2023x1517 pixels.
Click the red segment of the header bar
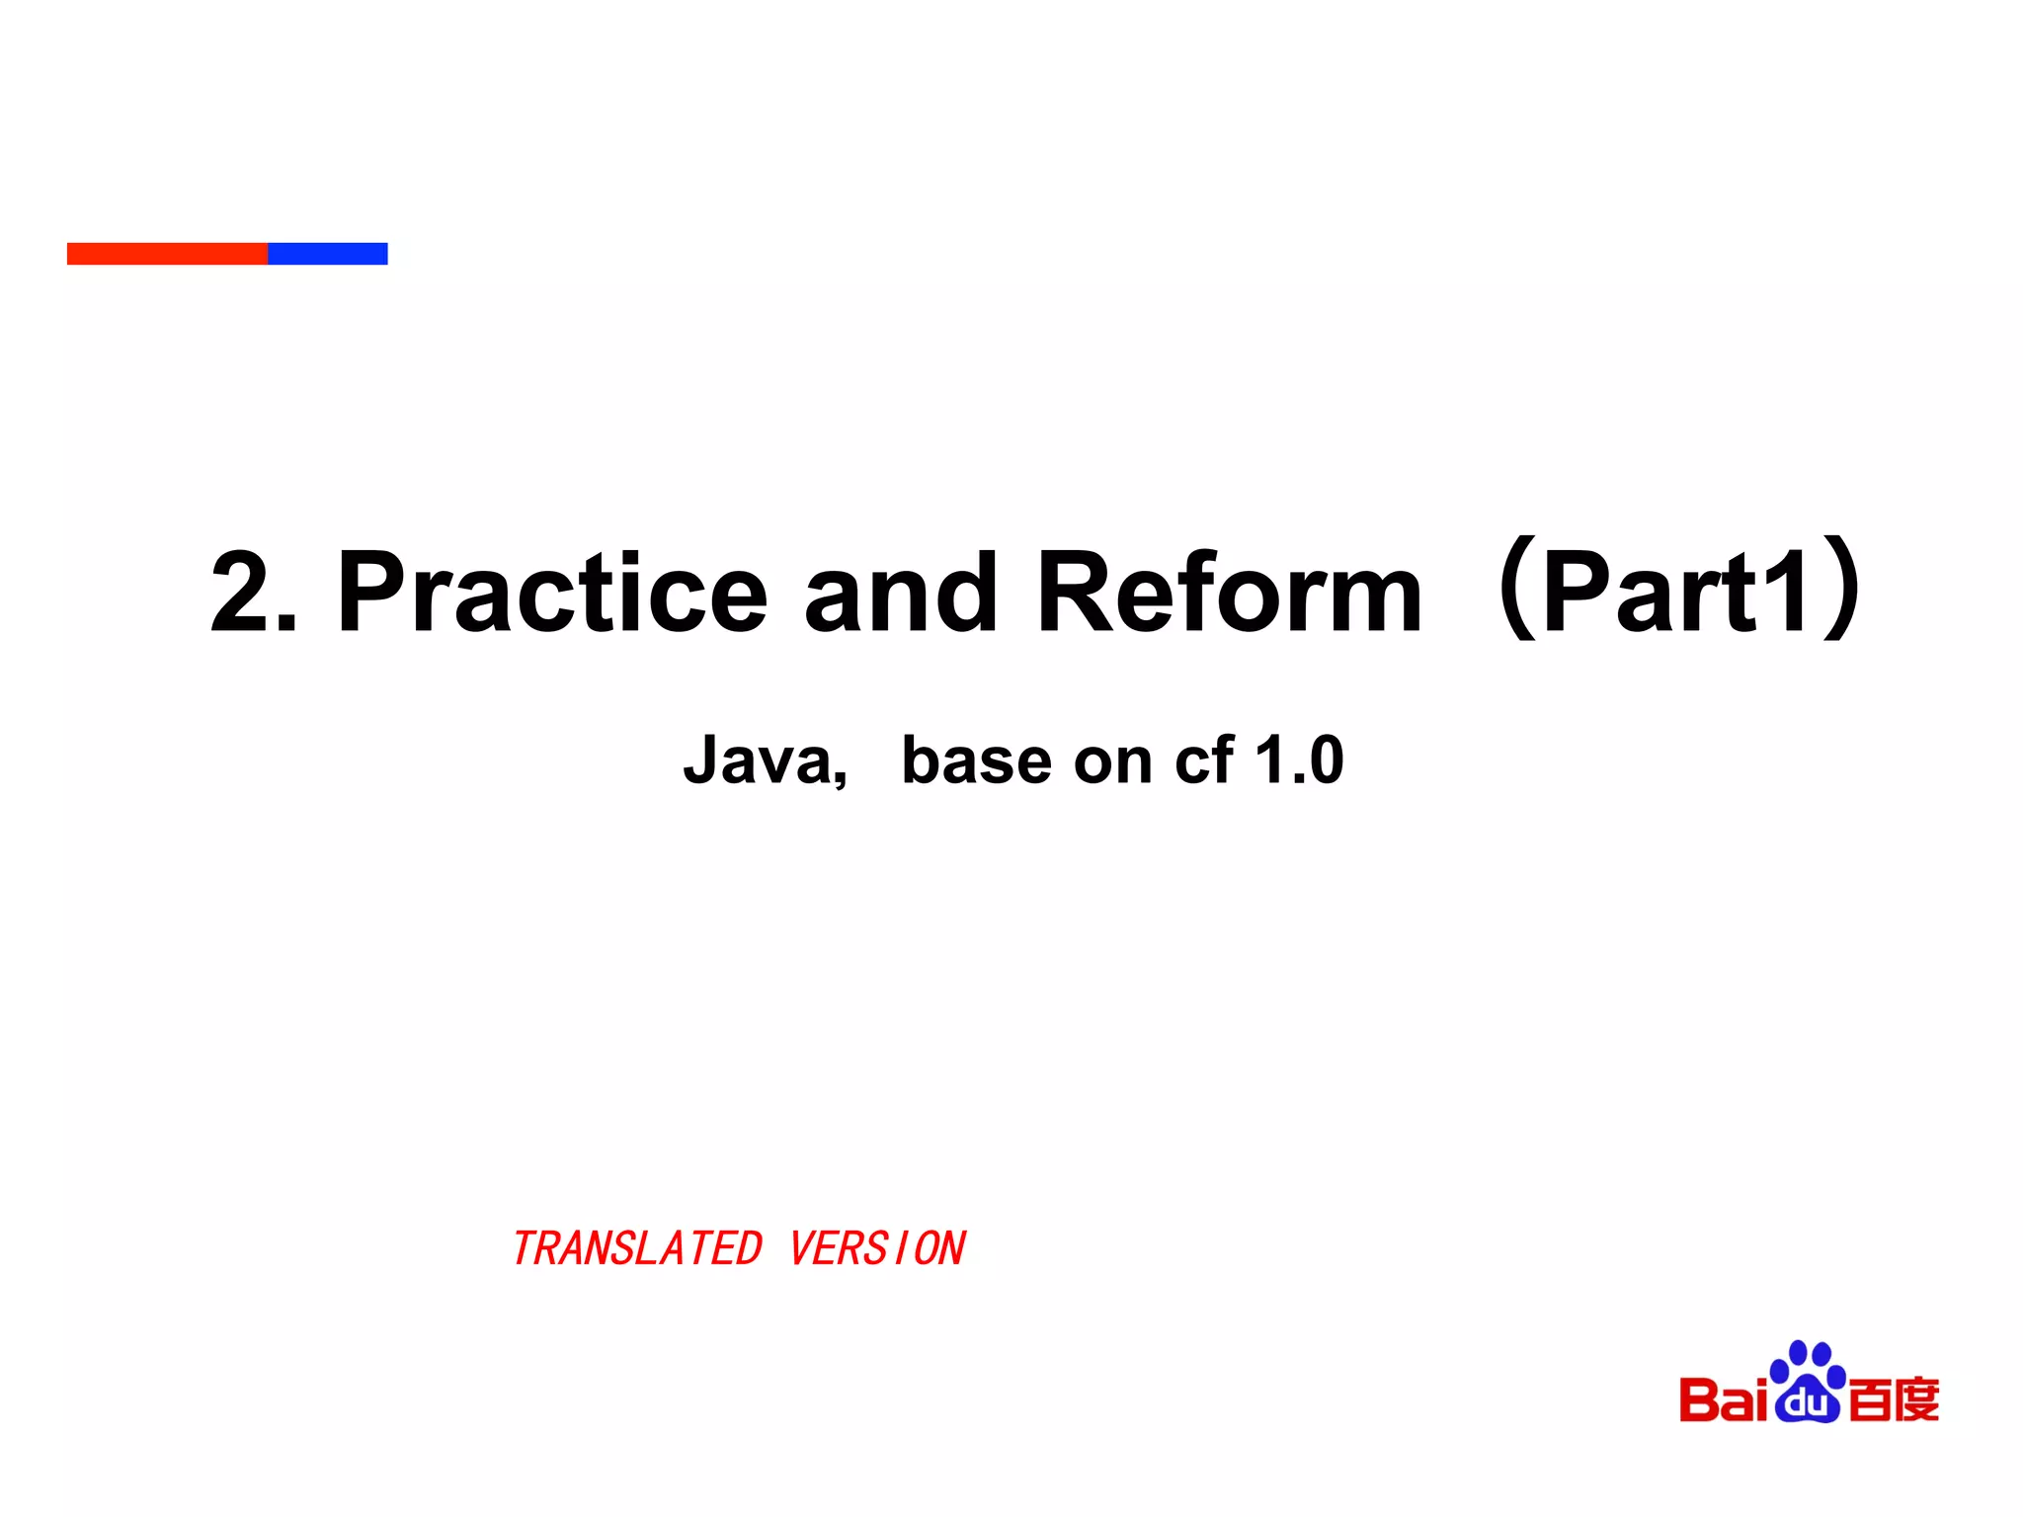click(x=167, y=254)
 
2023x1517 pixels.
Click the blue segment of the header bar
click(x=327, y=254)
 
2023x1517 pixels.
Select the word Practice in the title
click(x=552, y=593)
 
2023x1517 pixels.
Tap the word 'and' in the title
click(x=900, y=593)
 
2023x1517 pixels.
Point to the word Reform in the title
click(x=1229, y=593)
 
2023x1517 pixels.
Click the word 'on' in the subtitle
click(x=1112, y=761)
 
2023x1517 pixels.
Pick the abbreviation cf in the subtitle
click(x=1203, y=761)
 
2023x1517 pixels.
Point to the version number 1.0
click(x=1298, y=761)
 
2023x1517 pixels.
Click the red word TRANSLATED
click(x=637, y=1248)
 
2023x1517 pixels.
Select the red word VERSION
click(x=877, y=1248)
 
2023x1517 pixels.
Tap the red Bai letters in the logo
click(x=1723, y=1399)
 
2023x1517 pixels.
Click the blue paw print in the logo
click(x=1808, y=1368)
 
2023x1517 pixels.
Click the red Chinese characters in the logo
click(x=1893, y=1399)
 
